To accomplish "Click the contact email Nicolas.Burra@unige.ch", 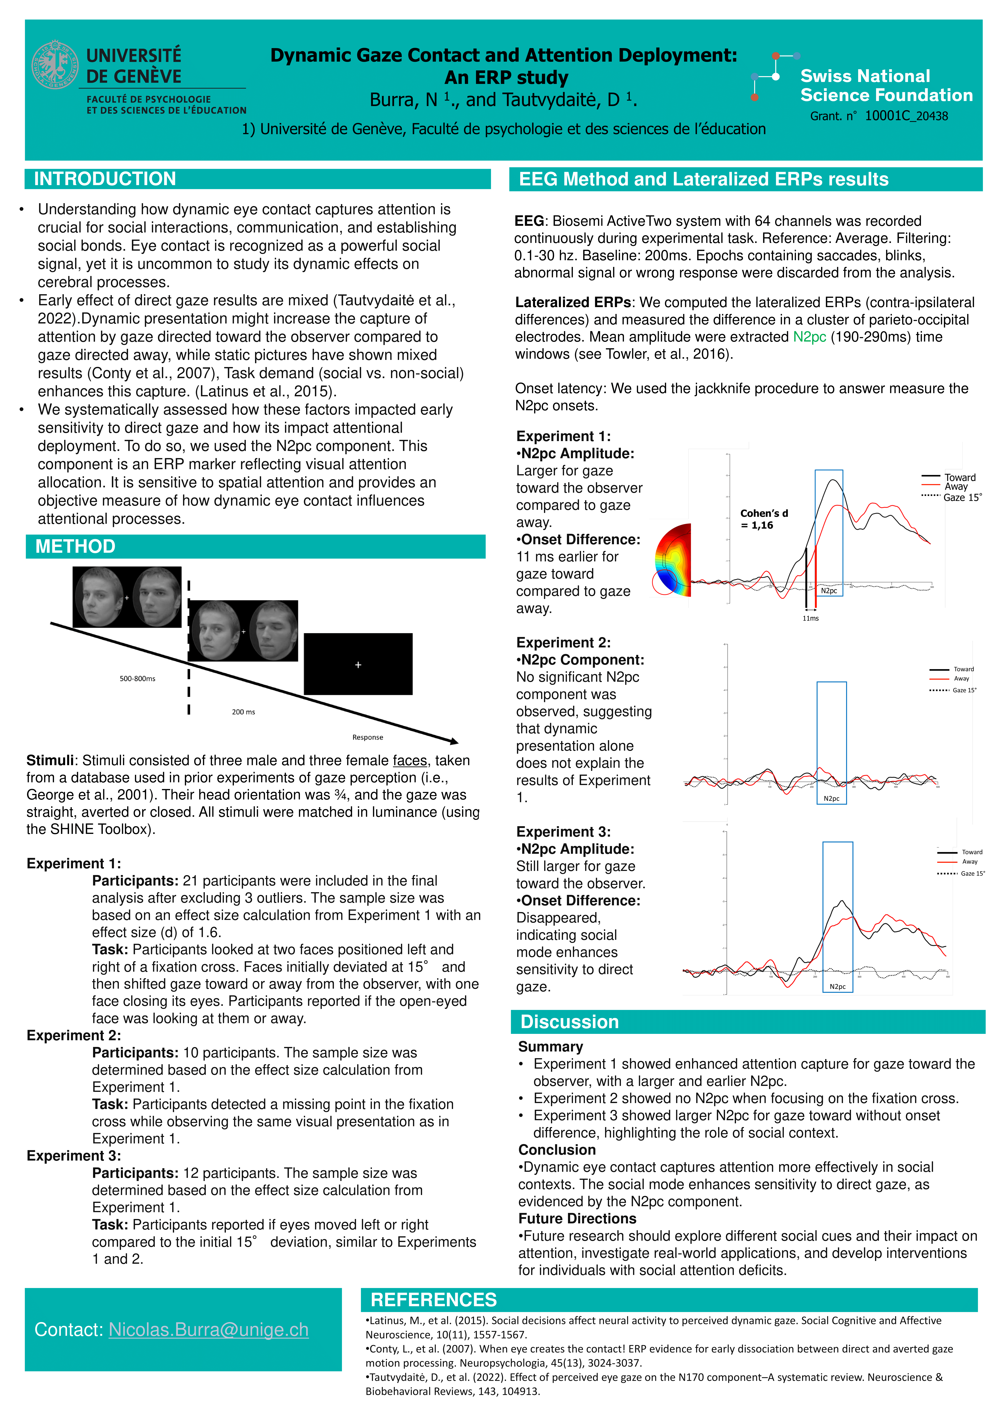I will click(x=208, y=1329).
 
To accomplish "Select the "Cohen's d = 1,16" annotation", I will click(x=764, y=519).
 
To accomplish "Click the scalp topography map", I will click(x=673, y=560).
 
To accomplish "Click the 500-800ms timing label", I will click(x=137, y=678).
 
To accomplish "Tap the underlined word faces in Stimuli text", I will click(x=410, y=761).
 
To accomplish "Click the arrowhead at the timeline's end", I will click(x=454, y=741).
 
